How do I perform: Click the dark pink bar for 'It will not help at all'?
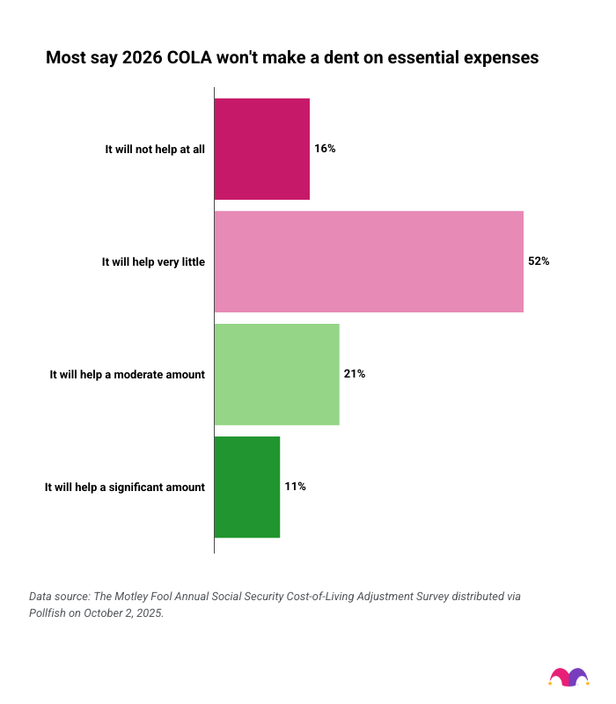coord(262,149)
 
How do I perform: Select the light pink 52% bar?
coord(369,261)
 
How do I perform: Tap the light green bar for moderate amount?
coord(277,374)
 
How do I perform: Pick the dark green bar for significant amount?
coord(247,487)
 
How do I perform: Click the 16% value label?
coord(325,149)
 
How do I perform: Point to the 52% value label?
coord(539,261)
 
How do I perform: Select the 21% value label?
coord(355,374)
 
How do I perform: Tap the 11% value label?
coord(295,487)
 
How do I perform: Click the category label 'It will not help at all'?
coord(155,150)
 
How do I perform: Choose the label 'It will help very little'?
coord(153,262)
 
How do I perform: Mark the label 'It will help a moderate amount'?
coord(127,375)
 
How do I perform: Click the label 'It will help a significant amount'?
coord(124,488)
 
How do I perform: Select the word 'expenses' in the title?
coord(497,59)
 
